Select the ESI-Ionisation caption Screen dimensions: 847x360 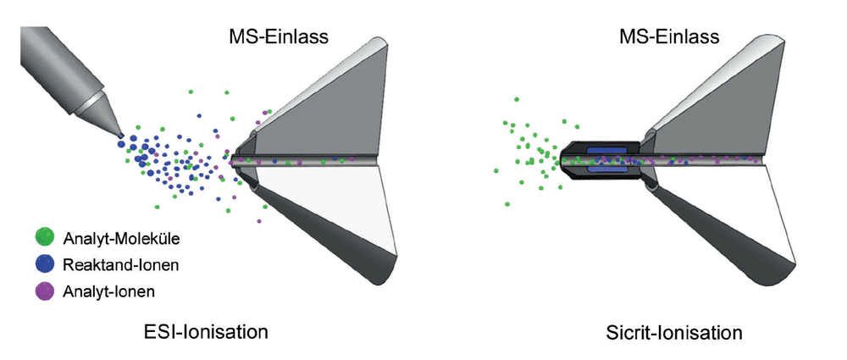pos(205,331)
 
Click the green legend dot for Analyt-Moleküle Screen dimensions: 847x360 pos(44,237)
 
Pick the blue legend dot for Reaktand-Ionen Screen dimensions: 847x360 pos(44,264)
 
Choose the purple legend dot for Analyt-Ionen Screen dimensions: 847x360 pos(44,291)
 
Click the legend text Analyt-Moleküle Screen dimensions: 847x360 pos(121,238)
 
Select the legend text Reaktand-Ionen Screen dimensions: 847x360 pos(120,265)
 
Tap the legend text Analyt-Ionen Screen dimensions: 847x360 pos(109,292)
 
